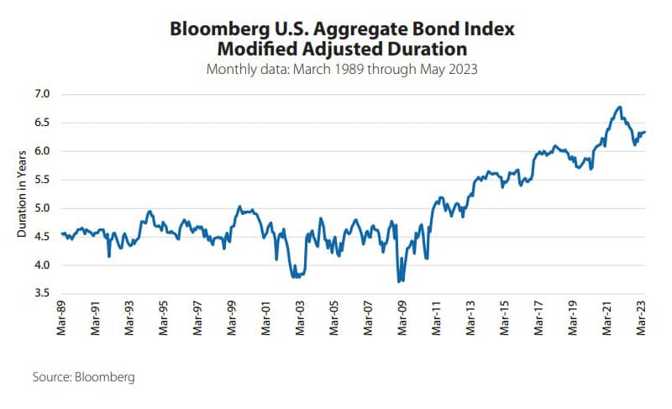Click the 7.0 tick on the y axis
43,94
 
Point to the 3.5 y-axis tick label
43,294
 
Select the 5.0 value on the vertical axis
43,208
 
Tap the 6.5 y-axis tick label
43,123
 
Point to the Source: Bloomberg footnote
83,377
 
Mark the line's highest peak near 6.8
619,107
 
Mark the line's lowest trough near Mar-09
399,281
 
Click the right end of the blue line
644,132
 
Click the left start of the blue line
62,233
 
